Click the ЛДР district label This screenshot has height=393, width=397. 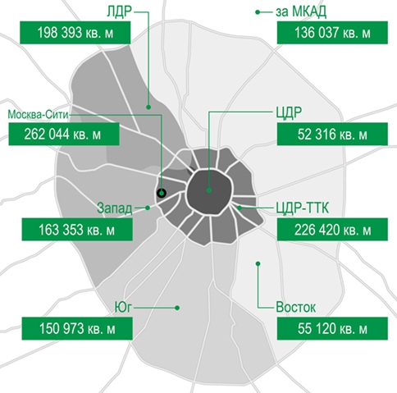[119, 12]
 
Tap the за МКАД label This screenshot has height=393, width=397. [301, 12]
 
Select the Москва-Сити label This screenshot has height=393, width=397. [38, 114]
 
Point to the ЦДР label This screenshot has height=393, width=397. [289, 112]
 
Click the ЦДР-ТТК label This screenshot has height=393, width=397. [302, 208]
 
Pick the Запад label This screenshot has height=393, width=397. [115, 208]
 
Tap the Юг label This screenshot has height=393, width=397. [123, 308]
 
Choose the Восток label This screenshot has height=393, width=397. [295, 308]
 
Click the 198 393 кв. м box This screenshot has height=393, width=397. [75, 33]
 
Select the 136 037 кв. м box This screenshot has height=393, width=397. [332, 33]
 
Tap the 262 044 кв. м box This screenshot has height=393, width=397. [64, 134]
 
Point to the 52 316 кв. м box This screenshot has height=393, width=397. [332, 134]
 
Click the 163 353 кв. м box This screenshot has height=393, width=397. [77, 230]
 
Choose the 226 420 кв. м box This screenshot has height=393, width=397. [332, 230]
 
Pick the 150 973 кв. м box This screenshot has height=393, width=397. [77, 328]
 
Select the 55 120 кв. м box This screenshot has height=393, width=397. [332, 328]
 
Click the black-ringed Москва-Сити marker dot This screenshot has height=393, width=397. [162, 193]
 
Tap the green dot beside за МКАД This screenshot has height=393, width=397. [258, 12]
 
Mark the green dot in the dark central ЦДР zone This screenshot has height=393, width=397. [209, 190]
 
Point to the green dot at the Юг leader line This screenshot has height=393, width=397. [177, 308]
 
